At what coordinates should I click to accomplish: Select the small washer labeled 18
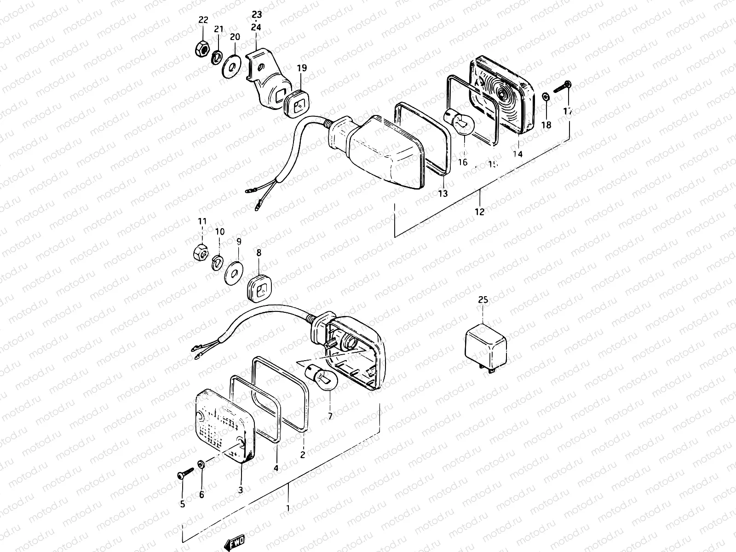tap(546, 97)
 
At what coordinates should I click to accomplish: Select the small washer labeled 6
tap(201, 464)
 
